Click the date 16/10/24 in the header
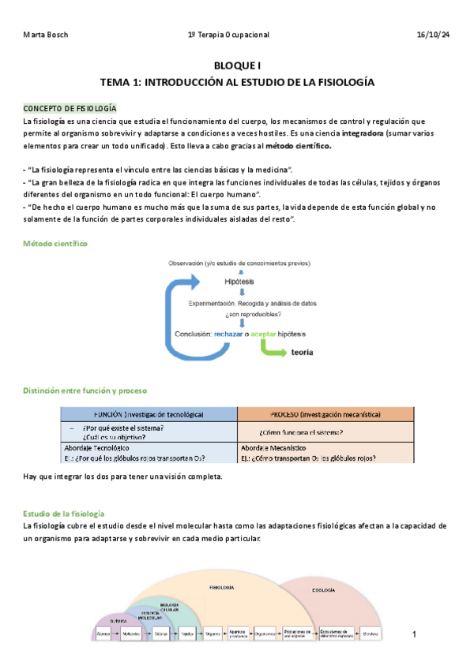pyautogui.click(x=433, y=36)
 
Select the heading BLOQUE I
pyautogui.click(x=237, y=68)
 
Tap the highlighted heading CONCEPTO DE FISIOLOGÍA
pyautogui.click(x=70, y=107)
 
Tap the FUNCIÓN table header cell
pyautogui.click(x=149, y=414)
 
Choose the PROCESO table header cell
pyautogui.click(x=325, y=414)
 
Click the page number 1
pyautogui.click(x=416, y=633)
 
